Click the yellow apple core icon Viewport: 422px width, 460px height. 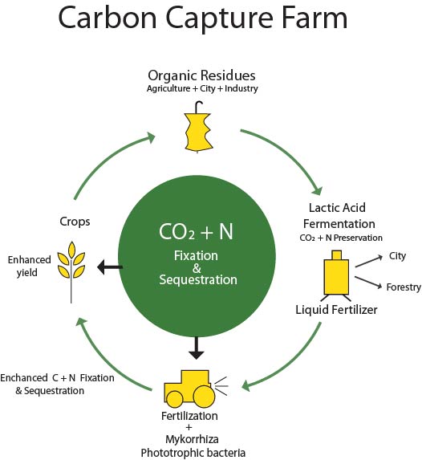[198, 128]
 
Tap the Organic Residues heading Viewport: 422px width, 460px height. [201, 75]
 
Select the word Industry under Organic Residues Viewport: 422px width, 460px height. [241, 88]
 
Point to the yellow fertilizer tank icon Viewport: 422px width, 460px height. [336, 275]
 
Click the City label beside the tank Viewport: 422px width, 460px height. [397, 256]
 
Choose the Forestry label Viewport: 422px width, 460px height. [404, 287]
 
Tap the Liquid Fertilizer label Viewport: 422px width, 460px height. [336, 310]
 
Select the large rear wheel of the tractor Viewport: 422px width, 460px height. [204, 397]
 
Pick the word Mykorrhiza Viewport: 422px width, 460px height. [192, 439]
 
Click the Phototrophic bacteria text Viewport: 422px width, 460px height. [193, 453]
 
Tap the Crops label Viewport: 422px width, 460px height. [75, 222]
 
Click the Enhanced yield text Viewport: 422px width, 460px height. [29, 266]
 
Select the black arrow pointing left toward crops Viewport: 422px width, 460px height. [110, 267]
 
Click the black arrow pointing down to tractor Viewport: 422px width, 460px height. [197, 348]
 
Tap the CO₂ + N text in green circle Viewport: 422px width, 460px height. [196, 232]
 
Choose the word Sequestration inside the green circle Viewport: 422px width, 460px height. [198, 280]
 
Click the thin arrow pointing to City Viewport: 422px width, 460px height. [369, 261]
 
